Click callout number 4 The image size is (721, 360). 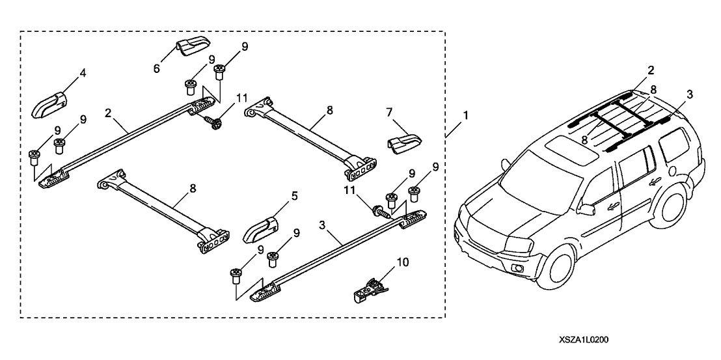[x=83, y=74]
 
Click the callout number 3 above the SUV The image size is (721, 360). [x=689, y=94]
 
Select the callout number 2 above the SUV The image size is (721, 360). [x=651, y=69]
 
